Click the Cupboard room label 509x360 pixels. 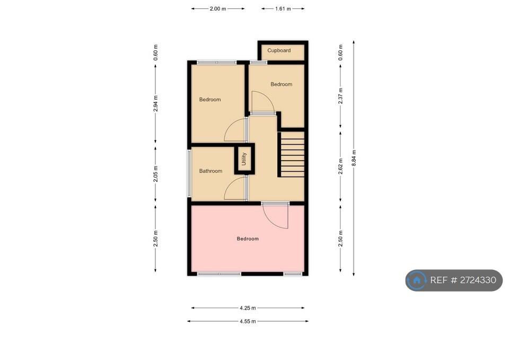tap(279, 50)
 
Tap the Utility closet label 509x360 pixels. tap(244, 159)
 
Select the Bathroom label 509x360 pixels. tap(210, 171)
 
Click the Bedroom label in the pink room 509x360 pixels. tap(248, 239)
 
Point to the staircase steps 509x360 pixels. tap(292, 154)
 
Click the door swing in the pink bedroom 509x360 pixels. tap(276, 216)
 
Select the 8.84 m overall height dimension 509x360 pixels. tap(354, 158)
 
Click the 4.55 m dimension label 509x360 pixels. tap(248, 321)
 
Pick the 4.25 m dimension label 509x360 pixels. tap(248, 308)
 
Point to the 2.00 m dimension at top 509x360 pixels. tap(218, 9)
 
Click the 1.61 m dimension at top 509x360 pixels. tap(283, 9)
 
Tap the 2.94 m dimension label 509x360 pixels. tap(156, 104)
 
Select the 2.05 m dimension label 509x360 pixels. tap(156, 174)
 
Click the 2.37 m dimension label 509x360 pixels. tap(340, 96)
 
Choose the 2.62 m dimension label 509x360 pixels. tap(340, 166)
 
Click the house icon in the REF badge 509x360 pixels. tap(417, 280)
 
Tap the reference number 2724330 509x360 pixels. tap(478, 280)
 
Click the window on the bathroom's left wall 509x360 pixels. tap(189, 173)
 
